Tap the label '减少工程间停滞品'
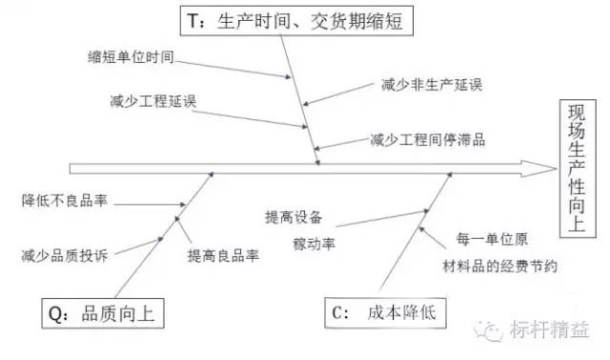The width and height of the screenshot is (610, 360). click(x=429, y=140)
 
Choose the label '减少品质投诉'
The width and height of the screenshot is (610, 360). click(x=64, y=255)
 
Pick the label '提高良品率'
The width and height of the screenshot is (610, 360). click(x=224, y=255)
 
